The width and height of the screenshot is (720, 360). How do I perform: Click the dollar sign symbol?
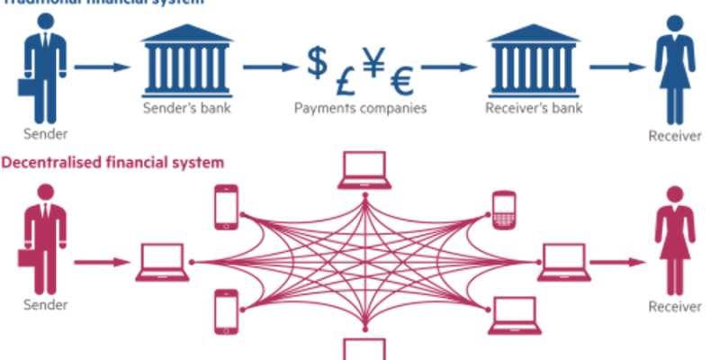tap(316, 61)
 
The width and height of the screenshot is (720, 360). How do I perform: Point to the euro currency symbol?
tap(400, 81)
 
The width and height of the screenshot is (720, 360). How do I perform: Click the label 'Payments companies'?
tap(360, 110)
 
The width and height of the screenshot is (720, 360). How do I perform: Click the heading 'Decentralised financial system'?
tap(112, 163)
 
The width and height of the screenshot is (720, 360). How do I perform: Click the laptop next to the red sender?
tap(163, 262)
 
